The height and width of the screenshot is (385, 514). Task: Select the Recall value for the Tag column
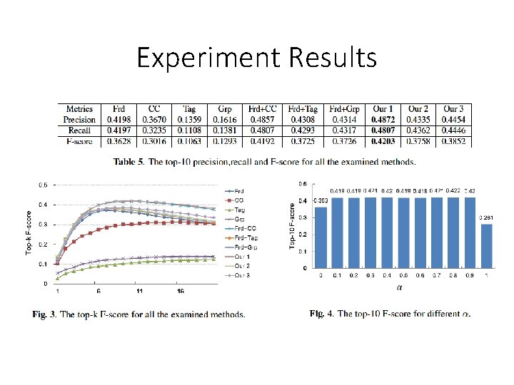189,130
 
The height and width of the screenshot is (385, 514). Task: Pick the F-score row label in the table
79,141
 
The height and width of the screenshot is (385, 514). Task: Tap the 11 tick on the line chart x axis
140,292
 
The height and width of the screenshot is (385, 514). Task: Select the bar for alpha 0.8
453,232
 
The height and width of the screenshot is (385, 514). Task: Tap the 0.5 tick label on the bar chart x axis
386,275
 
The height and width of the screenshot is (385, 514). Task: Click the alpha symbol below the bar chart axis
386,288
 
